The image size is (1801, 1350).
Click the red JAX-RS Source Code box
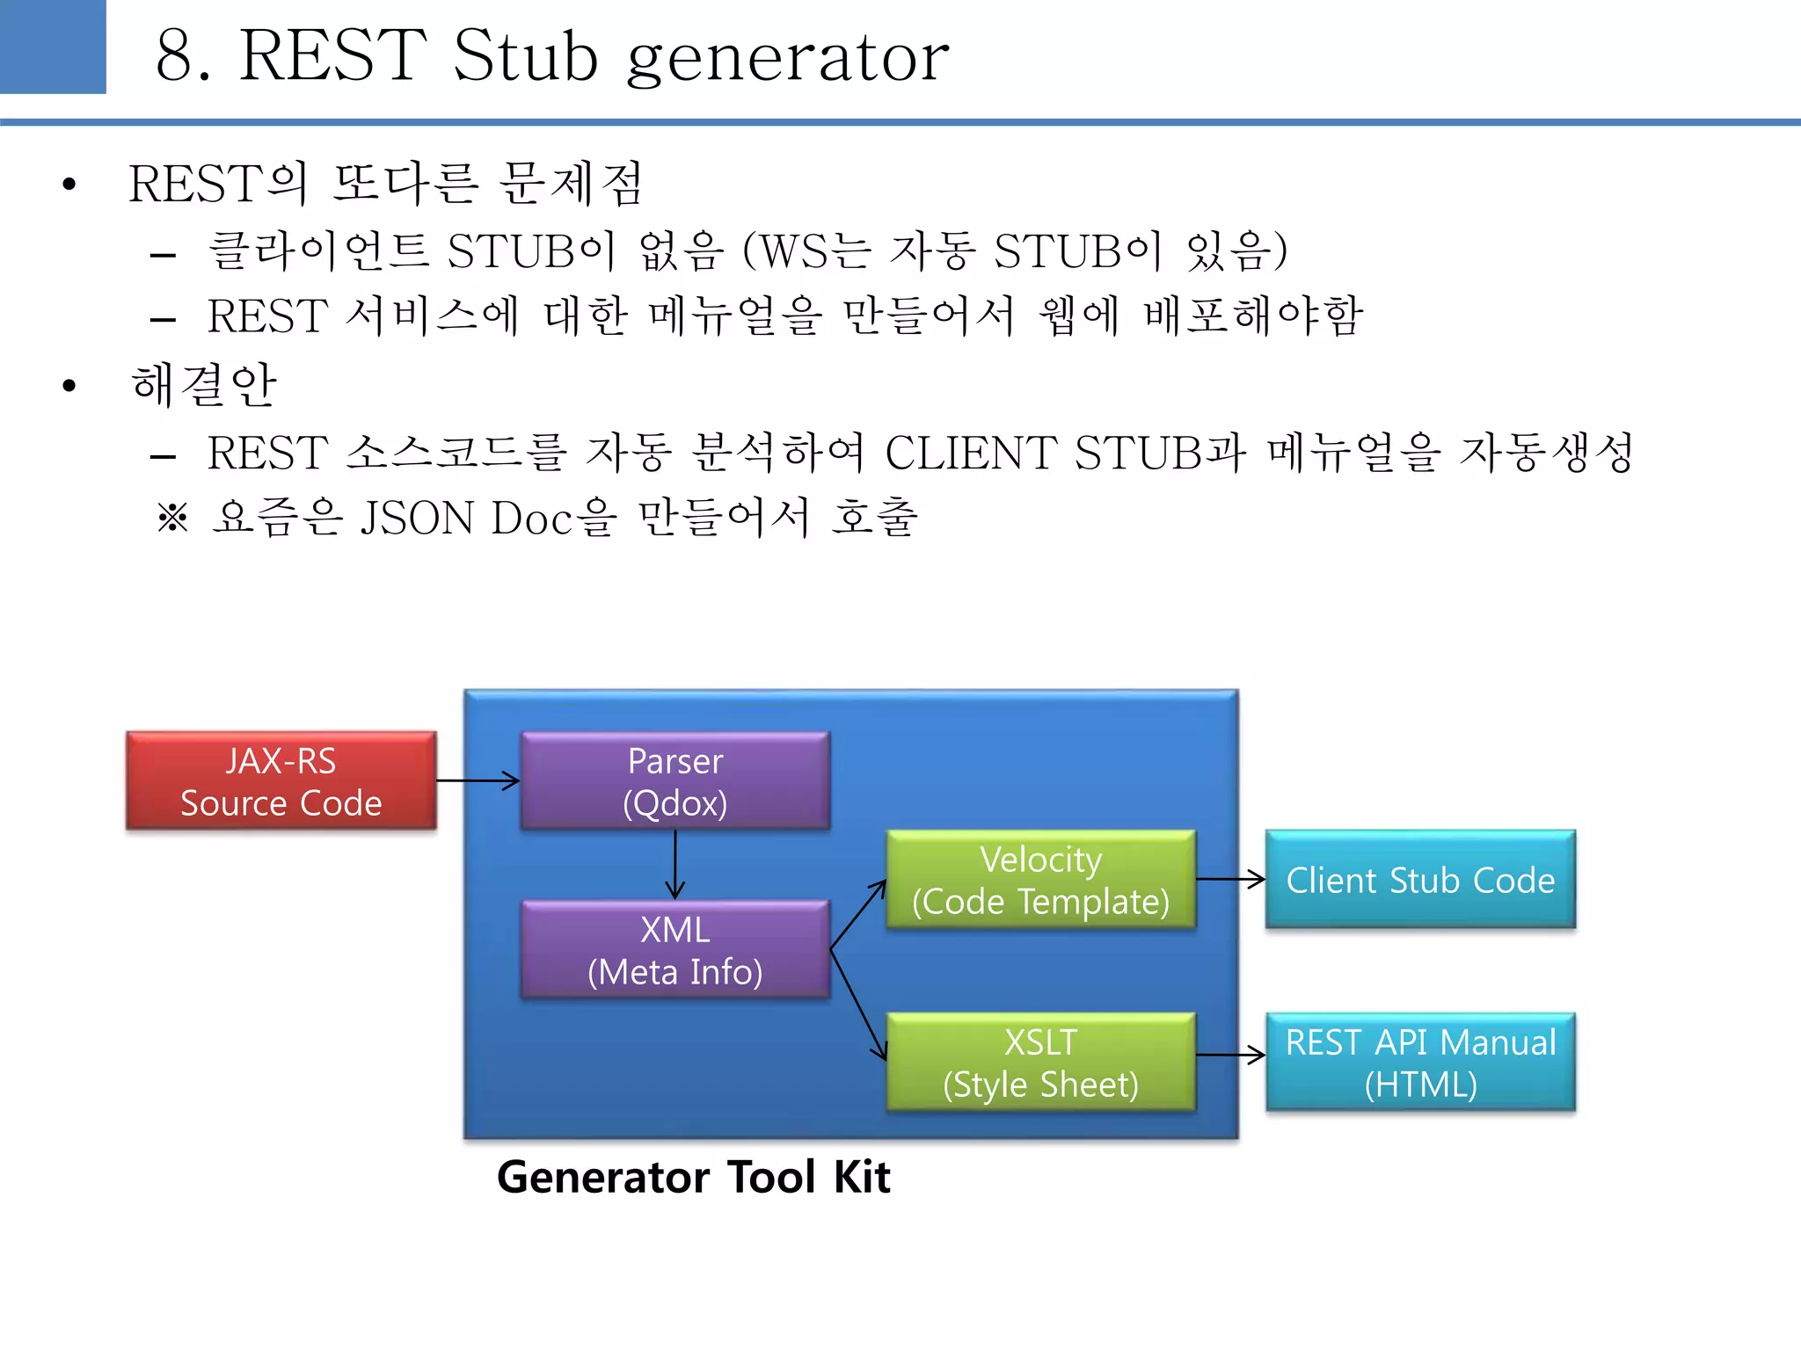point(281,780)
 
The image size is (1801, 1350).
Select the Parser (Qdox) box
point(674,780)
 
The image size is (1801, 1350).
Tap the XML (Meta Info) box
point(674,949)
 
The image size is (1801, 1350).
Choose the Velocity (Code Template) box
point(1040,879)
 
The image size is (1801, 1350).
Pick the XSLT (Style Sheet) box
point(1040,1062)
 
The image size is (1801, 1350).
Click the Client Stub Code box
point(1420,879)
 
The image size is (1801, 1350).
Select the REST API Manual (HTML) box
point(1420,1062)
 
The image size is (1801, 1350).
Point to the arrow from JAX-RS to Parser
point(478,780)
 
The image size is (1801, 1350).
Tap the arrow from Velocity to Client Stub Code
point(1230,878)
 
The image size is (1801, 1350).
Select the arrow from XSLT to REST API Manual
point(1230,1055)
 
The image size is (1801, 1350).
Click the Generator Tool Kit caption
point(693,1177)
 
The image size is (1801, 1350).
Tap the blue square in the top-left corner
point(53,46)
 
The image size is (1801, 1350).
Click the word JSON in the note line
point(418,518)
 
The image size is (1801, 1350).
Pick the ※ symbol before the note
point(172,518)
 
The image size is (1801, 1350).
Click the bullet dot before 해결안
point(69,386)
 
